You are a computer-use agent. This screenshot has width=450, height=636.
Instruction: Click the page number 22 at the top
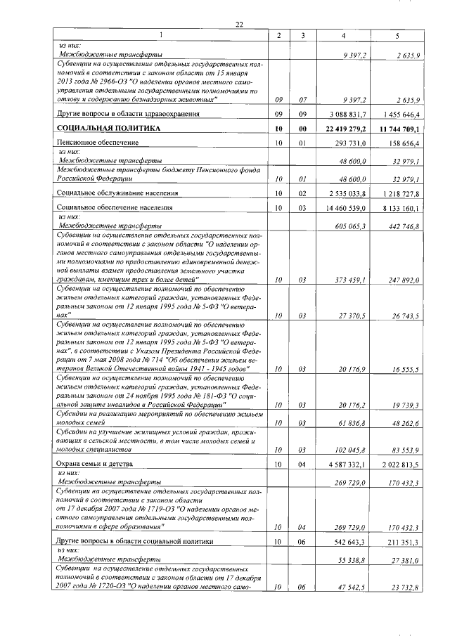[x=239, y=25]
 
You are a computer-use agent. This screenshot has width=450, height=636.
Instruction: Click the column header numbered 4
[x=343, y=35]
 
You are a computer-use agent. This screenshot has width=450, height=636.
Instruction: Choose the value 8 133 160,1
[x=399, y=209]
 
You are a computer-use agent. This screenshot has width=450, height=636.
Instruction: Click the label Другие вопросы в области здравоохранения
[x=127, y=112]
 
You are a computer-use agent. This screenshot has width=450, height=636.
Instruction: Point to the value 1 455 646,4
[x=399, y=112]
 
